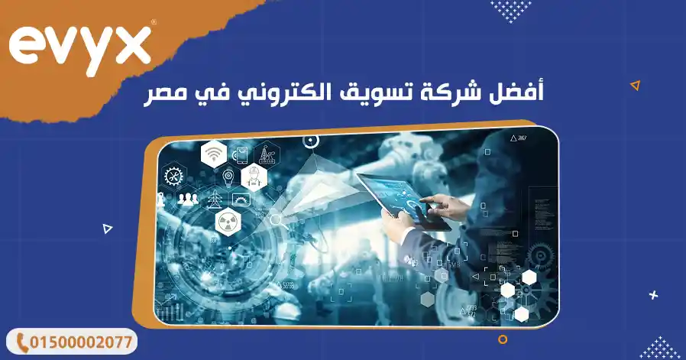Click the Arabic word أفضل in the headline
tap(519, 95)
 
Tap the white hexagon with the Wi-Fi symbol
tap(214, 154)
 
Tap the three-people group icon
tap(188, 199)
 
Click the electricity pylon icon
tap(214, 199)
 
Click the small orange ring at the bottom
tap(502, 339)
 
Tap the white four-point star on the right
tap(653, 294)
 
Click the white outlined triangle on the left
tap(108, 228)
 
